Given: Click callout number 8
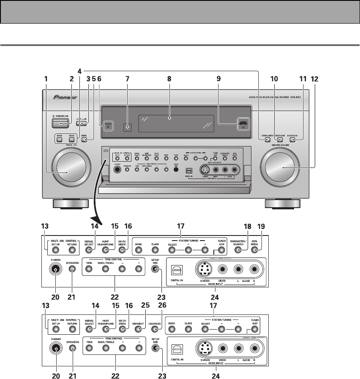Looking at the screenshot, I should [169, 79].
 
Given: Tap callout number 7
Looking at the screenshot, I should [128, 79].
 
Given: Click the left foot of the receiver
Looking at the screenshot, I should [68, 205].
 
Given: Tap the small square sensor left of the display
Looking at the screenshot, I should [128, 126].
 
